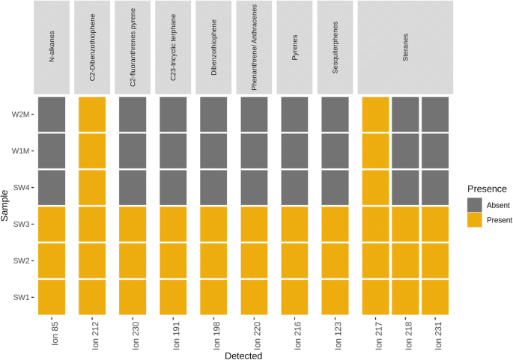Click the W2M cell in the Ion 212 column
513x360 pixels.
click(x=92, y=115)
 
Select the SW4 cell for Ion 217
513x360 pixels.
click(x=375, y=187)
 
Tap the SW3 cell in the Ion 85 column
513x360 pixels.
click(x=52, y=224)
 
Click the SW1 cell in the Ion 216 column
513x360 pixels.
click(x=294, y=297)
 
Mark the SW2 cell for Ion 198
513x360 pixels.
click(x=213, y=260)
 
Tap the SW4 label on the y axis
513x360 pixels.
click(x=21, y=187)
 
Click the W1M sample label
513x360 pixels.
click(x=20, y=151)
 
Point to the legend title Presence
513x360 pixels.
click(x=487, y=189)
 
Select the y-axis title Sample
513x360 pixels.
click(x=6, y=206)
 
